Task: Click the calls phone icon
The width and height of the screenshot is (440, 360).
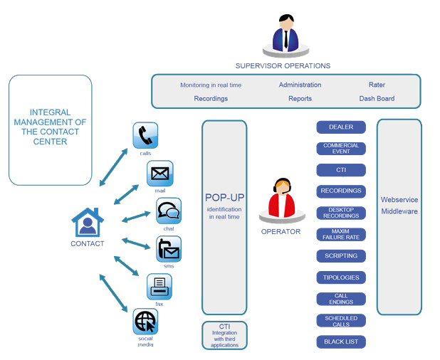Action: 145,135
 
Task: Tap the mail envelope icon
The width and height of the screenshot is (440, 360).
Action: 159,174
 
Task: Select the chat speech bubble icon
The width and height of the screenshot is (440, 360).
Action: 169,211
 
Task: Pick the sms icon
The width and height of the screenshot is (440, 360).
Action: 169,249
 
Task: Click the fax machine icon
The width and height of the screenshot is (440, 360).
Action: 159,287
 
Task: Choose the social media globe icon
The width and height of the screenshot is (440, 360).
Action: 145,322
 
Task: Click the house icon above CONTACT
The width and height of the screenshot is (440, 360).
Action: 88,223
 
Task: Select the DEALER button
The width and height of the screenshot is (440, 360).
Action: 340,127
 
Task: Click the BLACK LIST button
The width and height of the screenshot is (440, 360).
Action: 340,342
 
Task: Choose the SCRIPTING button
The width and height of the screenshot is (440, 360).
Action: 340,255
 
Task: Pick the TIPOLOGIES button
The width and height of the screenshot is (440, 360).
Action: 340,277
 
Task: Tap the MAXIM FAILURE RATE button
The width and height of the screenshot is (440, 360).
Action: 340,234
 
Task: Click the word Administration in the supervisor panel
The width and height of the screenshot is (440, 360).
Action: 300,85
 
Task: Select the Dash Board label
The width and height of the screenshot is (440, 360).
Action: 377,99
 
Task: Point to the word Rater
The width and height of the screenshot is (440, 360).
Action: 377,85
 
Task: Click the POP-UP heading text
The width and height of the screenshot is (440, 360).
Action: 224,197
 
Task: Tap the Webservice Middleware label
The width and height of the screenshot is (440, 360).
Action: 399,206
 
